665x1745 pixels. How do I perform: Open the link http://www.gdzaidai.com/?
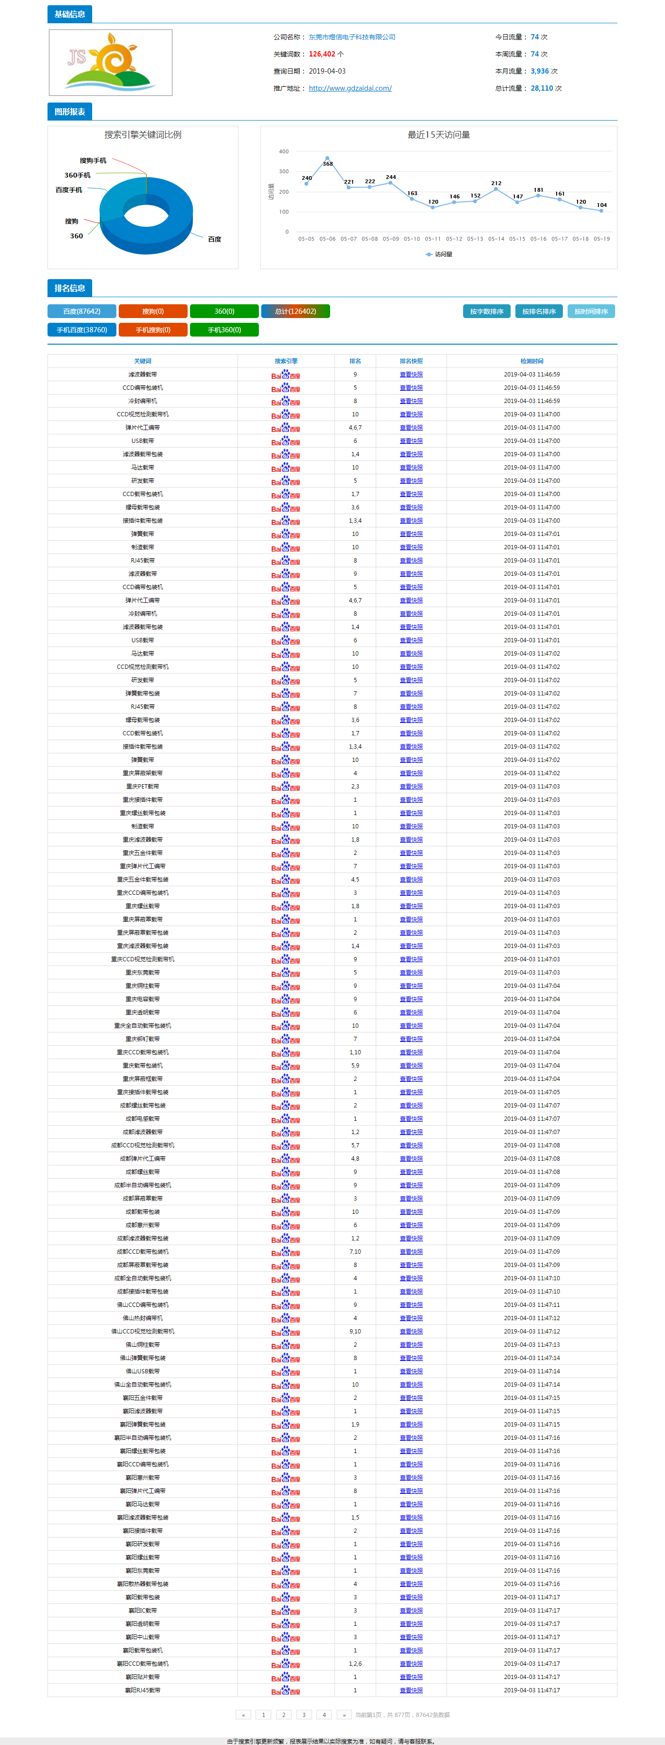pyautogui.click(x=350, y=88)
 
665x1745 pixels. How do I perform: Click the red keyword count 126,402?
pyautogui.click(x=322, y=54)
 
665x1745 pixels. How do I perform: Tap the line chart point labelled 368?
pyautogui.click(x=327, y=158)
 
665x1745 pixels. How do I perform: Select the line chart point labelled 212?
pyautogui.click(x=496, y=189)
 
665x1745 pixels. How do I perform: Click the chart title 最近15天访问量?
pyautogui.click(x=438, y=135)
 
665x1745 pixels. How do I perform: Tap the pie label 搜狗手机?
pyautogui.click(x=93, y=160)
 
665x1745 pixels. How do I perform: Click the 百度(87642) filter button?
pyautogui.click(x=81, y=311)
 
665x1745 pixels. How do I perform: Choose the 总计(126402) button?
pyautogui.click(x=295, y=311)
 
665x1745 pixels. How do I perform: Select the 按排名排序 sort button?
pyautogui.click(x=539, y=311)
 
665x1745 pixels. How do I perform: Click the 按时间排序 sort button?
pyautogui.click(x=591, y=311)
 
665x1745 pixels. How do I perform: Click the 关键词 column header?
pyautogui.click(x=142, y=361)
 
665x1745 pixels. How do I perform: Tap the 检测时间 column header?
pyautogui.click(x=532, y=361)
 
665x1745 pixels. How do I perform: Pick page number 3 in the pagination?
pyautogui.click(x=304, y=1715)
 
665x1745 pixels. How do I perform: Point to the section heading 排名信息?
pyautogui.click(x=70, y=288)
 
